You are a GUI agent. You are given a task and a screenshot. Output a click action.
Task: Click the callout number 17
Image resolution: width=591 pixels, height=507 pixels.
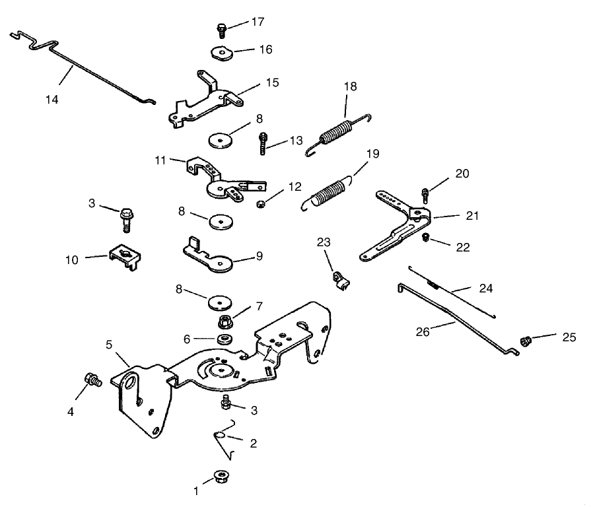257,22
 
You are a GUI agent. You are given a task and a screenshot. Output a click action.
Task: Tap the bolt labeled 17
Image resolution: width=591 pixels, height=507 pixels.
222,29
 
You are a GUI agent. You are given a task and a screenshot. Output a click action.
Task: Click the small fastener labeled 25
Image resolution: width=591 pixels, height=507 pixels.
527,341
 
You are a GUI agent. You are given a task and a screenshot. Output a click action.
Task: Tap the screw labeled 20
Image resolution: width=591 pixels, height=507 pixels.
426,195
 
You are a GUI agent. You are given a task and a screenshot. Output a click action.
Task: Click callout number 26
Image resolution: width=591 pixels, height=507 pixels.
423,331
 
